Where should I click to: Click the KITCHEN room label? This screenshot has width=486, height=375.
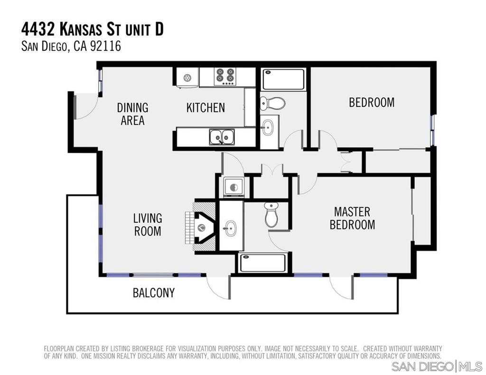coord(206,108)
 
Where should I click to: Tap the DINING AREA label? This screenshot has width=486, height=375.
coord(133,114)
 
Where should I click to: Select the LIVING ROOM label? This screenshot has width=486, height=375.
coord(148,225)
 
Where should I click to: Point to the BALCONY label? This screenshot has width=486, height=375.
coord(154,293)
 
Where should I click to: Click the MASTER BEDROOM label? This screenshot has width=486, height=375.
coord(352,218)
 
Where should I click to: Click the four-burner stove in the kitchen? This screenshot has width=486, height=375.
coord(225,76)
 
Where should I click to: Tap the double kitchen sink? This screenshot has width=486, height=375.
coord(222,137)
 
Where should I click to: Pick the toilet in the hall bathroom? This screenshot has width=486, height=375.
coord(272,103)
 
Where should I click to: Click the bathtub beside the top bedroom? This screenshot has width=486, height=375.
coord(283,79)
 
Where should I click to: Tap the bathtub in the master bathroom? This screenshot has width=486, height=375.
coord(263,263)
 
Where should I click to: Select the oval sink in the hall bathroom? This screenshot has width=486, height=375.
coord(267,127)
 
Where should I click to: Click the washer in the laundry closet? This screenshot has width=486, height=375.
coord(234,187)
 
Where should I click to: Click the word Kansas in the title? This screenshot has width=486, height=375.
coord(81,30)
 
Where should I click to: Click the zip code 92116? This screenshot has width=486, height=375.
coord(105,46)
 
